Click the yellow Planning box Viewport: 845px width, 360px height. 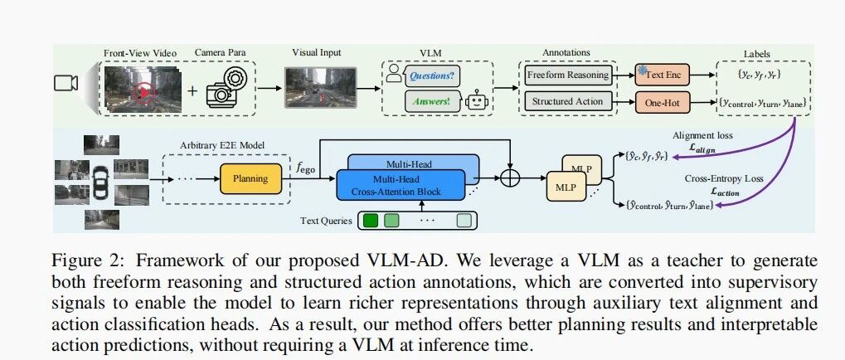[250, 178]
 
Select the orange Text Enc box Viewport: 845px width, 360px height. [662, 75]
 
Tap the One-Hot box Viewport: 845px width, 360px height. [662, 102]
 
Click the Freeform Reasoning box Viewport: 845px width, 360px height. [567, 75]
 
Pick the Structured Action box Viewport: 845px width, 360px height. [567, 100]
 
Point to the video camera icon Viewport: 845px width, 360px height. [66, 83]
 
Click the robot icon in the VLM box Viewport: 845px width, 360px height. [476, 100]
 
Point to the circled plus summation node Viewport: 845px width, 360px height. [509, 178]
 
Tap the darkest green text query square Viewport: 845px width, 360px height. [371, 221]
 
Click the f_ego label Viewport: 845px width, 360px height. [305, 168]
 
